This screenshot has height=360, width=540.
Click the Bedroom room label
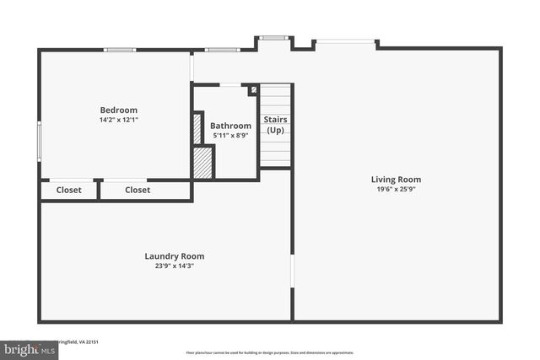coord(118,110)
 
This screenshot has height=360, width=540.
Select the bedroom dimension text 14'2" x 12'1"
coord(118,121)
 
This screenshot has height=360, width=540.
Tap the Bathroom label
coord(230,126)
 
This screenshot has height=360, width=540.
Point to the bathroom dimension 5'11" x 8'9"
coord(230,135)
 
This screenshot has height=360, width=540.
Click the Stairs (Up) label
coord(275,125)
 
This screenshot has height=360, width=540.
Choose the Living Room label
coord(396,179)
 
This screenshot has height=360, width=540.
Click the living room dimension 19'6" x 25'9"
coord(396,190)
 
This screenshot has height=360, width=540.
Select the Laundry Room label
coord(174,256)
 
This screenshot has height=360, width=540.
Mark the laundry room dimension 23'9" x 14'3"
coord(174,266)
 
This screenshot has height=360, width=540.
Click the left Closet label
coord(69,191)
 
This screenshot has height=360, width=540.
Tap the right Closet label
coord(138,191)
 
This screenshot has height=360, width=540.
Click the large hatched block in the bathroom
coord(202,163)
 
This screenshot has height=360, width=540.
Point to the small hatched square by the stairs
coord(252,90)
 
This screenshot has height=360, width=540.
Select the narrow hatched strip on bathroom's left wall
coord(197,128)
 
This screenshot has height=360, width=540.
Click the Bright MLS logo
coord(27,348)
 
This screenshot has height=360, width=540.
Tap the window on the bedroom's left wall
coord(39,140)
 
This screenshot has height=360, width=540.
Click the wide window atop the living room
coord(345,40)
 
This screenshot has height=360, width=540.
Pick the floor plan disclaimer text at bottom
coord(269,352)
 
